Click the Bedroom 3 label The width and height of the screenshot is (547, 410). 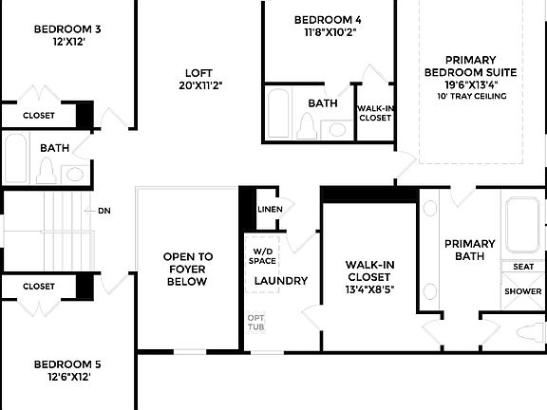pos(67,28)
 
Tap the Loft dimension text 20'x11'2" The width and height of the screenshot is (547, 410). pos(198,84)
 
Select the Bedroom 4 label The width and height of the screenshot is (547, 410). pos(328,19)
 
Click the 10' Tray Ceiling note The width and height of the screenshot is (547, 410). pos(470,96)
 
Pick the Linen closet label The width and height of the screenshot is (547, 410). pos(270,209)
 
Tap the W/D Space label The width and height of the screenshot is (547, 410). pos(263,255)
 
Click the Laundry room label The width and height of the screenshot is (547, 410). pos(281,281)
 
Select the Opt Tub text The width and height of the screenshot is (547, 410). pos(256,322)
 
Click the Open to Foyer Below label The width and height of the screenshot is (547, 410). pos(188,269)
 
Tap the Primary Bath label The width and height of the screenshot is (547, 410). pos(470,250)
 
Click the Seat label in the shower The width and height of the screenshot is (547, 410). pos(523,268)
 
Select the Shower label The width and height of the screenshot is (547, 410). pos(523,291)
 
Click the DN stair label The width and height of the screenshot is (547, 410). pos(104,211)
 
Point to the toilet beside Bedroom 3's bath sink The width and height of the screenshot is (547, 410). pos(47,171)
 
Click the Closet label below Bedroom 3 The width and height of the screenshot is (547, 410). pos(38,116)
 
